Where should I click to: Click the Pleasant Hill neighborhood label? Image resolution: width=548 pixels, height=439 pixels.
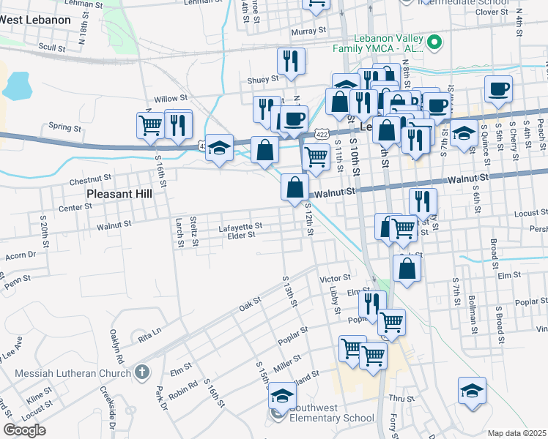[119, 194]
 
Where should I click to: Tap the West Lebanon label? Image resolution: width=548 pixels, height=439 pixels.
[35, 20]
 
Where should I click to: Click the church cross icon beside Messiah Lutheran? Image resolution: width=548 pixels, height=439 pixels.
[142, 372]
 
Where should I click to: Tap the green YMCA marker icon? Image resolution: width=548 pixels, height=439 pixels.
[434, 42]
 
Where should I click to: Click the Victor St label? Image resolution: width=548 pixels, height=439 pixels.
[336, 279]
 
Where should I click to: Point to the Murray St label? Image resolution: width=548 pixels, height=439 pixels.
[308, 31]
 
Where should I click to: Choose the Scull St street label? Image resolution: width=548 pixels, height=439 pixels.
[52, 47]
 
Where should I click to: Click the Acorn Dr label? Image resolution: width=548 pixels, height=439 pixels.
[21, 255]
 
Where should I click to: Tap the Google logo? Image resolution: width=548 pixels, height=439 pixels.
[24, 429]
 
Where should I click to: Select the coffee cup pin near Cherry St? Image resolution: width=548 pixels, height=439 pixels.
[498, 89]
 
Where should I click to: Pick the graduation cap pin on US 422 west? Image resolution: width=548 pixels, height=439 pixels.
[219, 149]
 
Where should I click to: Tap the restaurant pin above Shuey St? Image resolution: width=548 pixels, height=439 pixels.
[291, 61]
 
